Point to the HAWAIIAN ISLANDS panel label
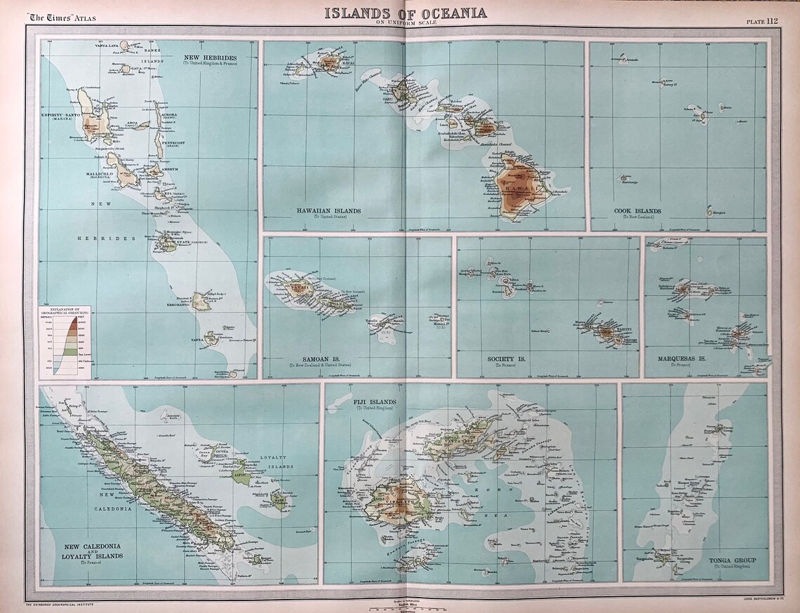coord(329,210)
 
